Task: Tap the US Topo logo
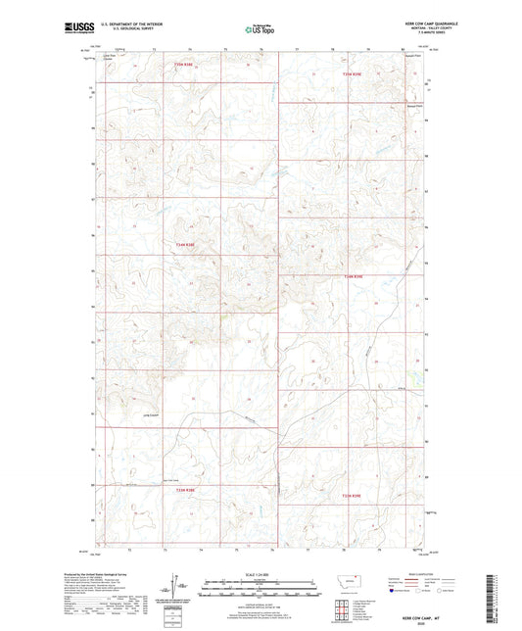259,29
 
